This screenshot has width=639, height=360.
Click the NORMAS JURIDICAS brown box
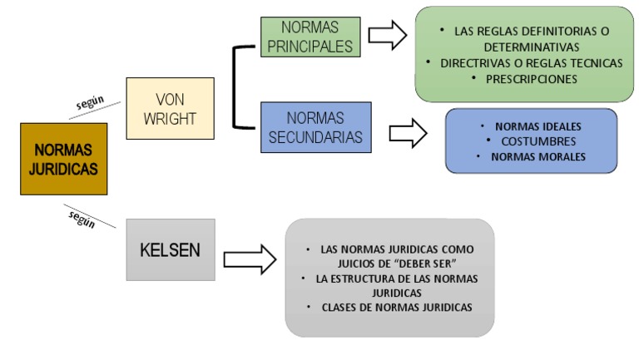pos(63,159)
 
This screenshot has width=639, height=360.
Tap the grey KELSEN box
pos(159,249)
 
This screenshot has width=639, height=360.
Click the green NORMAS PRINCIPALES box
pos(310,37)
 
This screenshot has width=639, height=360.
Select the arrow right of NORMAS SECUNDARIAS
pos(407,132)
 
